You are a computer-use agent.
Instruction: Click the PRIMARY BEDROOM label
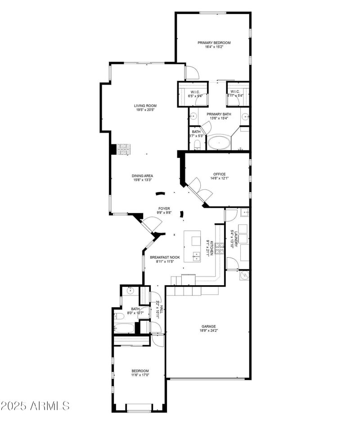[x=214, y=43]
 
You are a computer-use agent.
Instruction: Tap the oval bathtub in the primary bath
[x=219, y=143]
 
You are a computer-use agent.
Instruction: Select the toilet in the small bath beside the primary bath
[x=197, y=144]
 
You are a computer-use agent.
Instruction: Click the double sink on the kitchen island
[x=197, y=256]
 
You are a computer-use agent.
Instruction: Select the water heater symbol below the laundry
[x=244, y=275]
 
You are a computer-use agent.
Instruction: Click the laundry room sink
[x=245, y=213]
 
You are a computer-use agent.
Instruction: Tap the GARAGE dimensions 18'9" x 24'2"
[x=209, y=331]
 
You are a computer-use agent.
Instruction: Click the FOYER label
[x=163, y=208]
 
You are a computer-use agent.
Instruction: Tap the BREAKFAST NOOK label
[x=165, y=257]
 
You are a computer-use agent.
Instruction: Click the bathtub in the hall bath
[x=124, y=327]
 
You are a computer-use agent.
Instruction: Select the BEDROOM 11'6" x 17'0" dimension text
[x=140, y=375]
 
